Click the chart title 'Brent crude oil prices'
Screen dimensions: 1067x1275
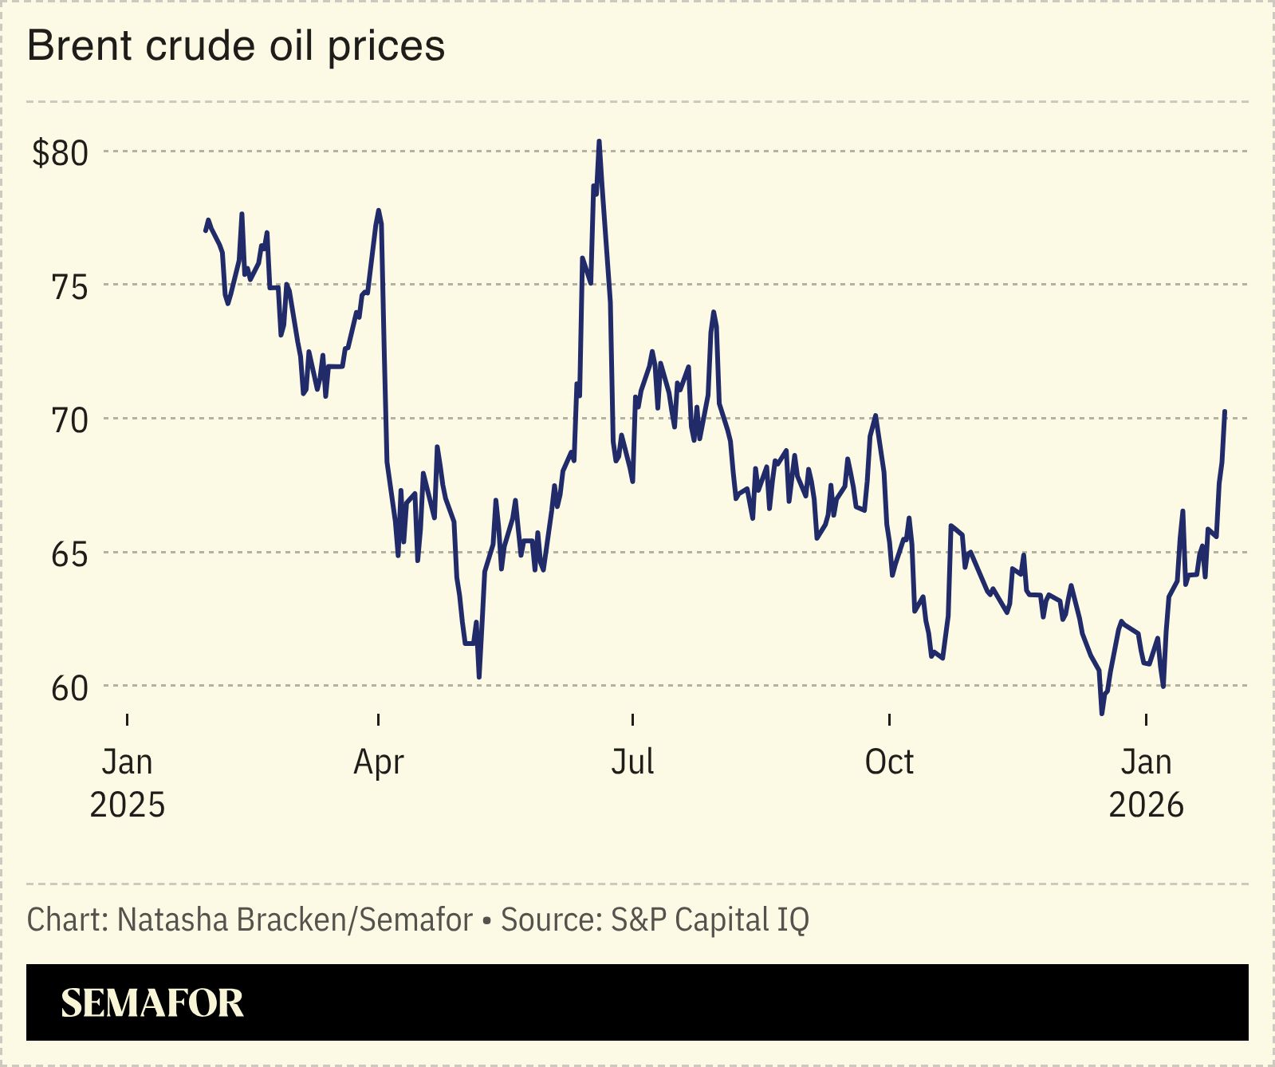click(236, 46)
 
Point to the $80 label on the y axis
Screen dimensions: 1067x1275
click(60, 152)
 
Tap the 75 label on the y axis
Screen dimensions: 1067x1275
click(69, 286)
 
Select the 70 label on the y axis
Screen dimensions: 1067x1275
click(69, 420)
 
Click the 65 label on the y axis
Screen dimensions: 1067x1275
click(69, 554)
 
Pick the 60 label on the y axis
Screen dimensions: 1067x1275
click(69, 688)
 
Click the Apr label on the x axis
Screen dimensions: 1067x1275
click(379, 763)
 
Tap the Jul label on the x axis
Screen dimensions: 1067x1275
click(632, 762)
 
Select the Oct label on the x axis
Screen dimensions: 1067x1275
click(889, 762)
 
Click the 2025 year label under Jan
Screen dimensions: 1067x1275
click(128, 805)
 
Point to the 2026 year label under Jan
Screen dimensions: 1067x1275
click(1146, 805)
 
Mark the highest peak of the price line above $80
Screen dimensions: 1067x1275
click(599, 142)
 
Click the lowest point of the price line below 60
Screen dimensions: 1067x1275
click(1102, 713)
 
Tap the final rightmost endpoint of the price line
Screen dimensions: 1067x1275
click(1225, 411)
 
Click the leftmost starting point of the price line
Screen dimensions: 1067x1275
click(206, 230)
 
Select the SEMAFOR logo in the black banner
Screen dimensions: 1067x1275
click(152, 1002)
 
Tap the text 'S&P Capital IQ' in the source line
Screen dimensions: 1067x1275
click(710, 919)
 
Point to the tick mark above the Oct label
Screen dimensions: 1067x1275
click(889, 720)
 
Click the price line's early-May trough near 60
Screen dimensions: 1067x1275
click(478, 677)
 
